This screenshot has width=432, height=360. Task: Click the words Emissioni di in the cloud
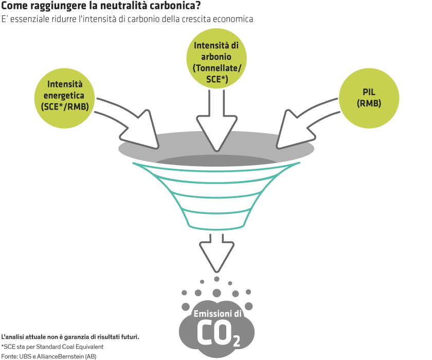(x=217, y=314)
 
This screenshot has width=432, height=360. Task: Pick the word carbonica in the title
(x=174, y=7)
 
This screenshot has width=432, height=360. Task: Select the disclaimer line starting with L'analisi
(x=70, y=337)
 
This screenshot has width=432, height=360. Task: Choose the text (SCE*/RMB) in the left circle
(x=65, y=106)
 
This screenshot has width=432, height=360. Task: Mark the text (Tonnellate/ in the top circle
(x=216, y=68)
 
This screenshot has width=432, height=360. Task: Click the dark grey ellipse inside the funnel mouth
(x=216, y=160)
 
